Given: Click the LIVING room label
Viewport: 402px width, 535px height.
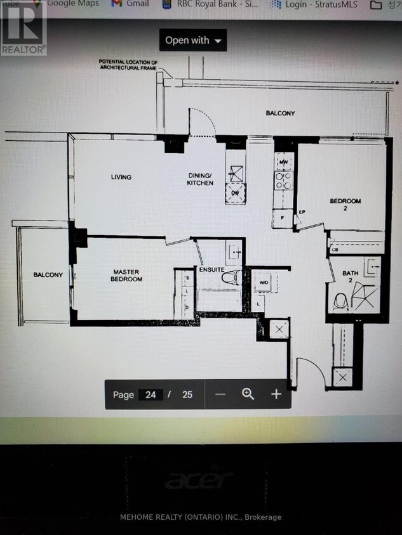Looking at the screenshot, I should tap(121, 177).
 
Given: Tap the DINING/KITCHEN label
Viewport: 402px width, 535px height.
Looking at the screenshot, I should tap(199, 179).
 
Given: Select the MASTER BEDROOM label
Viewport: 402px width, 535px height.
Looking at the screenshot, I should tap(126, 275).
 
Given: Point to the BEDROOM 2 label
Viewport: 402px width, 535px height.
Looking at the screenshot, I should tap(345, 204).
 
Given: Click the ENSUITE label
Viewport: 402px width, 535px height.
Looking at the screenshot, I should tap(211, 270).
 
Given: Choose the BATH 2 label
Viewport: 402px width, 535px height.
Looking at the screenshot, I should tap(351, 276).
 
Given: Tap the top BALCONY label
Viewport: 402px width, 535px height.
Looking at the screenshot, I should tap(280, 113).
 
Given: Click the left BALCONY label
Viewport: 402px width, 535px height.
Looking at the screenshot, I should tap(48, 274).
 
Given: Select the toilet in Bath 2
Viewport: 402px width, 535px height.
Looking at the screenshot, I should tap(341, 300).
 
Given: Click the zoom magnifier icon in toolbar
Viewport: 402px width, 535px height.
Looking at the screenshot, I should tap(248, 394).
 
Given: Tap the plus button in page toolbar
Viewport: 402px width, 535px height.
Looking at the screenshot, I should tap(276, 394).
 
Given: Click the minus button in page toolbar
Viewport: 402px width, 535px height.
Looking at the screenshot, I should tap(220, 394).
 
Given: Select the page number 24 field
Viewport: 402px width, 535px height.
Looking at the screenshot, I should tap(151, 394).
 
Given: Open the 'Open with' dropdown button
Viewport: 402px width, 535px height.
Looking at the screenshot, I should tap(193, 41).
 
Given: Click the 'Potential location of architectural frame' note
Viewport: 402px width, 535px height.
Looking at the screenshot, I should tap(128, 64).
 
